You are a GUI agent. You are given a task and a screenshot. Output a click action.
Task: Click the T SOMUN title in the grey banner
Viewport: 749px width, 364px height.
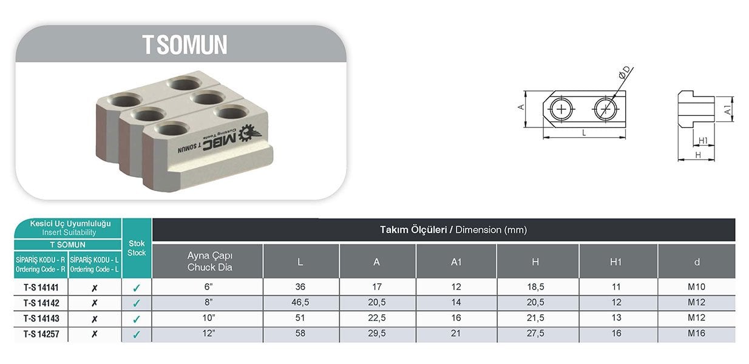point(185,44)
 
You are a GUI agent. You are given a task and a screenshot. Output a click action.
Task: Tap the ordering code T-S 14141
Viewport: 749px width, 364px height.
point(41,288)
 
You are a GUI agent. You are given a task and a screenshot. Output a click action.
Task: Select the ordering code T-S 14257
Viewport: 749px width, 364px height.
point(41,334)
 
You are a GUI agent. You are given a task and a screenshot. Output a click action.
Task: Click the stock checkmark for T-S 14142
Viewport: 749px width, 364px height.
point(136,303)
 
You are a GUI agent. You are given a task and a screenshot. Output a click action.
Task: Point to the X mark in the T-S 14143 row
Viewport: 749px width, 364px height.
point(95,319)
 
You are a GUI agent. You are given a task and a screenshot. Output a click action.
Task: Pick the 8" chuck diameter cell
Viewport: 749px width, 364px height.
point(209,302)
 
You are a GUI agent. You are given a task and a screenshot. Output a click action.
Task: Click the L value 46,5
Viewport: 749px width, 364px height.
point(300,302)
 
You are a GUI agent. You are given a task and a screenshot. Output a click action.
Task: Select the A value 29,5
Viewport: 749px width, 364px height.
point(376,333)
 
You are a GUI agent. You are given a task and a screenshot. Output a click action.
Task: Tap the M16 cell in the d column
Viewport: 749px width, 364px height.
point(696,333)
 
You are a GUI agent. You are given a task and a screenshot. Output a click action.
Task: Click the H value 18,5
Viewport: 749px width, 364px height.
point(535,287)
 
